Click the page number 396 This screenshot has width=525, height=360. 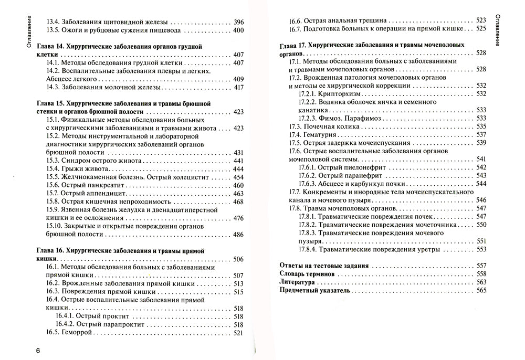click(x=238, y=22)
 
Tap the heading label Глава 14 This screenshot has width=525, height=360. click(x=51, y=46)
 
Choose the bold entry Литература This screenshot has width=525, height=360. click(x=300, y=282)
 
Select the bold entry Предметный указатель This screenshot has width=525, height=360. click(x=315, y=290)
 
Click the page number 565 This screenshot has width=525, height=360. click(x=481, y=290)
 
